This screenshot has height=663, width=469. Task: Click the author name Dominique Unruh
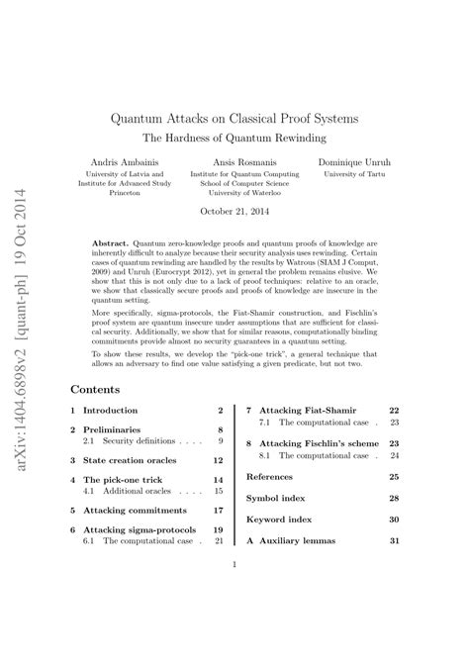(x=361, y=161)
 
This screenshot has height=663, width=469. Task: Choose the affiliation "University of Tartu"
(x=361, y=174)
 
